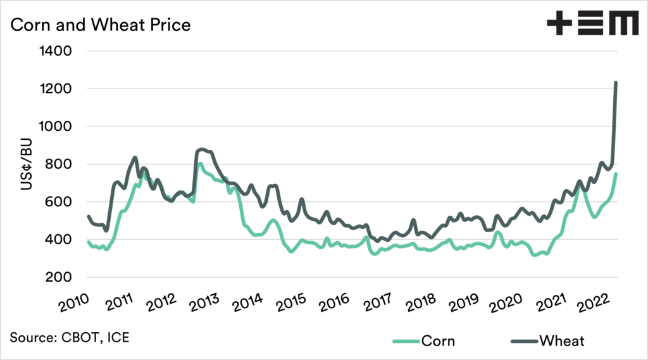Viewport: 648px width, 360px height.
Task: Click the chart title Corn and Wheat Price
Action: coord(100,25)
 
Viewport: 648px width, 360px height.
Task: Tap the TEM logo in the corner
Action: coord(592,25)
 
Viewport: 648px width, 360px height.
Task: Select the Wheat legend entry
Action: coord(562,341)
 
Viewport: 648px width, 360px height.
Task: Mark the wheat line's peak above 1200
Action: coord(616,83)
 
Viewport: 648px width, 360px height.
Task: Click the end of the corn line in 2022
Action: coord(616,174)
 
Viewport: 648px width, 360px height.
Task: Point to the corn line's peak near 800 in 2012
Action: coord(200,164)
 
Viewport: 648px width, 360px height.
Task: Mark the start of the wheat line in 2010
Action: coord(88,216)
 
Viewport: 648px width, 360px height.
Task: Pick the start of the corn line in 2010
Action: coord(88,242)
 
